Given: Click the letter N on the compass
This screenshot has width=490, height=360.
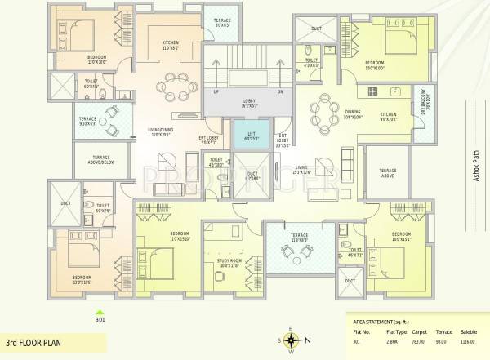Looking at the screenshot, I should click(309, 341).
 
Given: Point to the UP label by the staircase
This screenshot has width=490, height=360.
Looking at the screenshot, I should click(216, 91).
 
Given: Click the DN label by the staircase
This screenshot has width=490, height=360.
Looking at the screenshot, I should click(279, 91).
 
